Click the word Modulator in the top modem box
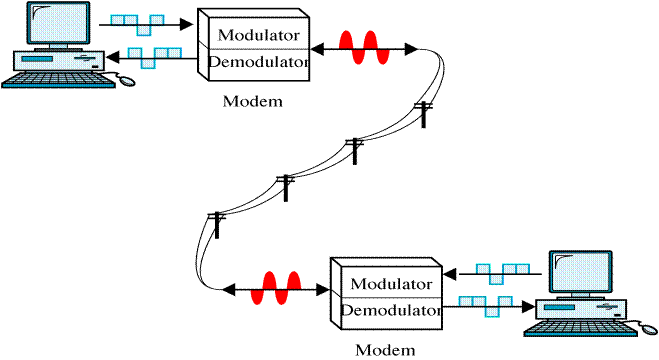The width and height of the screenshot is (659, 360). click(x=257, y=34)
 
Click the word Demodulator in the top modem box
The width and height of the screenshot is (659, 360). click(x=258, y=61)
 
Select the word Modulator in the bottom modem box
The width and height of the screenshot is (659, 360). click(x=389, y=283)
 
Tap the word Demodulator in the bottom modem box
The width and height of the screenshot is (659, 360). click(x=389, y=310)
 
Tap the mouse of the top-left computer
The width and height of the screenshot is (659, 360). click(x=129, y=81)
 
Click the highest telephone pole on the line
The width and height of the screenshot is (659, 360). click(x=424, y=113)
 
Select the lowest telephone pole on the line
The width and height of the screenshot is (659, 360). click(x=215, y=225)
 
